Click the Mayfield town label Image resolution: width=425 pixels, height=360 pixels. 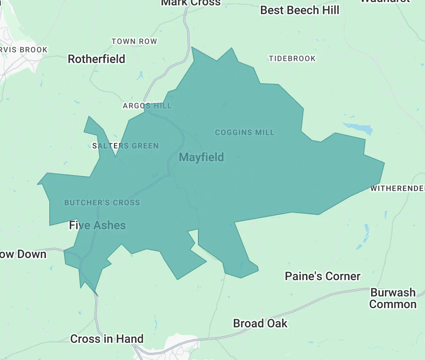[x=201, y=157]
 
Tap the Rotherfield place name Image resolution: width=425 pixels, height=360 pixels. [x=96, y=59]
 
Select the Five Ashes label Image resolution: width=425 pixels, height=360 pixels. [x=97, y=226]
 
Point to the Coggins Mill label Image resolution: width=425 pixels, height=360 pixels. [x=245, y=132]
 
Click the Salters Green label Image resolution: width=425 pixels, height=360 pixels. [x=125, y=146]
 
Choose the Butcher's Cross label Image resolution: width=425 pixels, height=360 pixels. [x=102, y=203]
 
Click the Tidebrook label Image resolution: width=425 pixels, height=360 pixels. [x=292, y=58]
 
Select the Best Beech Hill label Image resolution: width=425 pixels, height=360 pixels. [x=300, y=10]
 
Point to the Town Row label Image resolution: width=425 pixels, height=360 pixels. [x=134, y=41]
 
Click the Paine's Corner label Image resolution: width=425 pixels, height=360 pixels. [x=322, y=276]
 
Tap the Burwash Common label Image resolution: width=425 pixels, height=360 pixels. [x=393, y=298]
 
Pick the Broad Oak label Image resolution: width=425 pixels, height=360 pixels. [x=260, y=323]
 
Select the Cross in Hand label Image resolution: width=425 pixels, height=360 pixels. [x=107, y=339]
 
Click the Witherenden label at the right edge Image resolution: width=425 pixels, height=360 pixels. [x=397, y=189]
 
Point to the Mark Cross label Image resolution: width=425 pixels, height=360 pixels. [x=191, y=3]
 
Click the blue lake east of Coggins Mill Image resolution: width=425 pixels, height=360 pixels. [x=358, y=128]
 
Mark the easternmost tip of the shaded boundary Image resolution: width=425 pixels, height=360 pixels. [x=384, y=163]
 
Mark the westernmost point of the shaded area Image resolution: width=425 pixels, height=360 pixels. [x=38, y=183]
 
